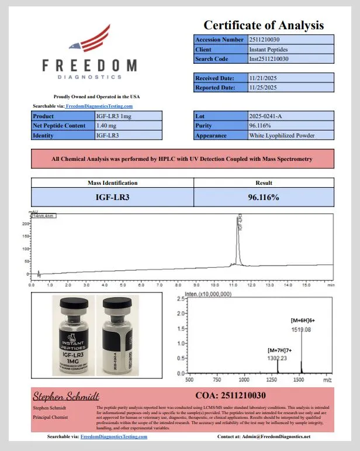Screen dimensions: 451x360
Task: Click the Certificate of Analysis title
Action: (x=263, y=25)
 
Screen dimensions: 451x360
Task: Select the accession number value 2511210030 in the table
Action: (x=268, y=40)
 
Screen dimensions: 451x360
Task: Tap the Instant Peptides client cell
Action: (x=268, y=50)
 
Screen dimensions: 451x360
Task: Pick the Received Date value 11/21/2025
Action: (x=262, y=78)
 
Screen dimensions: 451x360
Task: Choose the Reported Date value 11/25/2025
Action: (x=262, y=88)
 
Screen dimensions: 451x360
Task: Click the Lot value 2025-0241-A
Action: (x=265, y=116)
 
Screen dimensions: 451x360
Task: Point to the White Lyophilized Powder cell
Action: (x=282, y=136)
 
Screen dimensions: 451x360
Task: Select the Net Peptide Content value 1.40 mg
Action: (x=106, y=126)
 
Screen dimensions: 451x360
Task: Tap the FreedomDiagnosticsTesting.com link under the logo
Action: (x=99, y=106)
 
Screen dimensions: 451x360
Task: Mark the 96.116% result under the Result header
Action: (x=264, y=197)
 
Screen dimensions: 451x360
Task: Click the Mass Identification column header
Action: (x=112, y=183)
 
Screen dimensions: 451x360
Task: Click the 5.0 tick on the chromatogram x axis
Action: (x=123, y=285)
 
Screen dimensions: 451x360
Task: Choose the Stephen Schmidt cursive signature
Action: (x=65, y=395)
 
